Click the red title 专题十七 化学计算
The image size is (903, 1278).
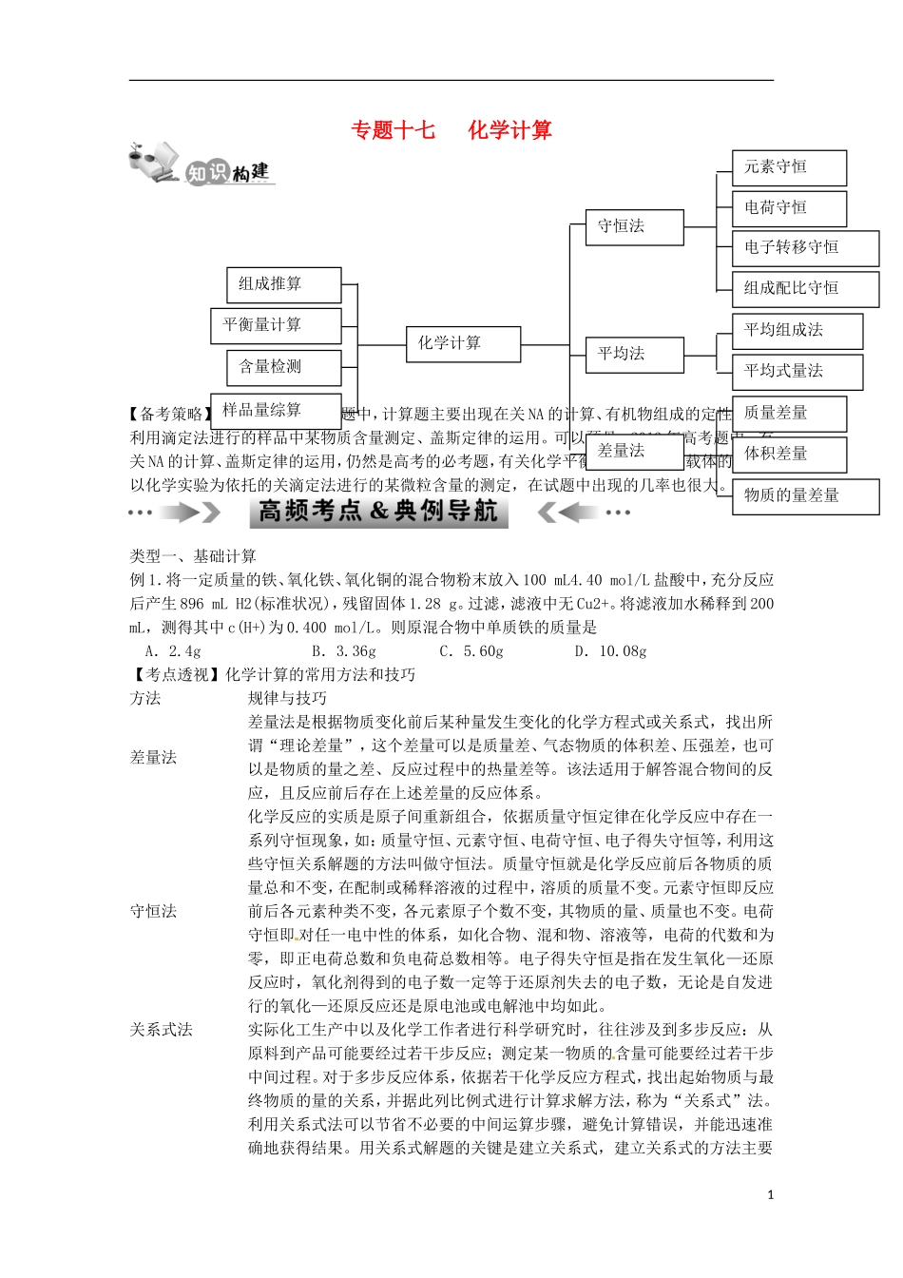pyautogui.click(x=451, y=130)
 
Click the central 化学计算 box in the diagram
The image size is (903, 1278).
pyautogui.click(x=463, y=343)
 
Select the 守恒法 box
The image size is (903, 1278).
pyautogui.click(x=633, y=226)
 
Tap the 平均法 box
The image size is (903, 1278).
pyautogui.click(x=633, y=354)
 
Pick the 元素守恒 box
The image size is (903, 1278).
pyautogui.click(x=788, y=167)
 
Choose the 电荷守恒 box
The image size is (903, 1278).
pyautogui.click(x=788, y=207)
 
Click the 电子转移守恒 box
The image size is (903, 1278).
pyautogui.click(x=804, y=247)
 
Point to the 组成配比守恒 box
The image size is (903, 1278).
pyautogui.click(x=804, y=288)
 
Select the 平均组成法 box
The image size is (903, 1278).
pyautogui.click(x=797, y=330)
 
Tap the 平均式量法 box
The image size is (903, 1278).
pyautogui.click(x=797, y=371)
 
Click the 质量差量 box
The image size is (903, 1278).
pyautogui.click(x=788, y=413)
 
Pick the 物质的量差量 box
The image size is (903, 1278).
pyautogui.click(x=804, y=495)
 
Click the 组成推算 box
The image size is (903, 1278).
pyautogui.click(x=283, y=283)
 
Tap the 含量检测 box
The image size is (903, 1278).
pyautogui.click(x=283, y=366)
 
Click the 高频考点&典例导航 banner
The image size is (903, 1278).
pyautogui.click(x=378, y=512)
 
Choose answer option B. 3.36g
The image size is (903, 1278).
pyautogui.click(x=343, y=651)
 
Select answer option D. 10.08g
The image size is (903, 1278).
pyautogui.click(x=610, y=651)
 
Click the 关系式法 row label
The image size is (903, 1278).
pyautogui.click(x=161, y=1030)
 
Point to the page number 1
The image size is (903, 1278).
pyautogui.click(x=770, y=1195)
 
